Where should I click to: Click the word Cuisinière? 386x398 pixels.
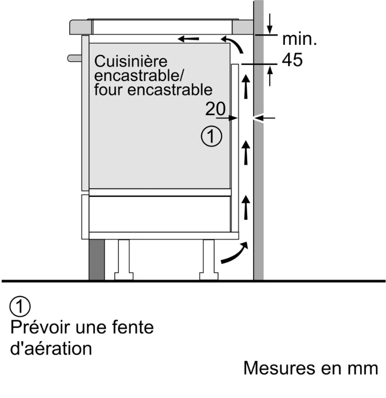130,61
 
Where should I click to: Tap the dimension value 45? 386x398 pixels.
292,60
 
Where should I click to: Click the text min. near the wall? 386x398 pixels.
299,39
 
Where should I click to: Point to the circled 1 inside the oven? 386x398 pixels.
211,136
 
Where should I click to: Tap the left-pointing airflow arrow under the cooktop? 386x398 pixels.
188,39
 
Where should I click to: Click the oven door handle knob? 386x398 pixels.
75,58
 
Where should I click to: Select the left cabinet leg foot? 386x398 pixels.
124,276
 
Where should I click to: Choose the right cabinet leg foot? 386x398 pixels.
209,276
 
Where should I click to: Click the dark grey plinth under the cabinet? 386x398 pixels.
97,259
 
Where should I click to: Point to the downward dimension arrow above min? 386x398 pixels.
270,24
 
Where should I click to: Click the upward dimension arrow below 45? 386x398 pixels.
270,76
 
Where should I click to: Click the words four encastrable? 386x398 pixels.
153,90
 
